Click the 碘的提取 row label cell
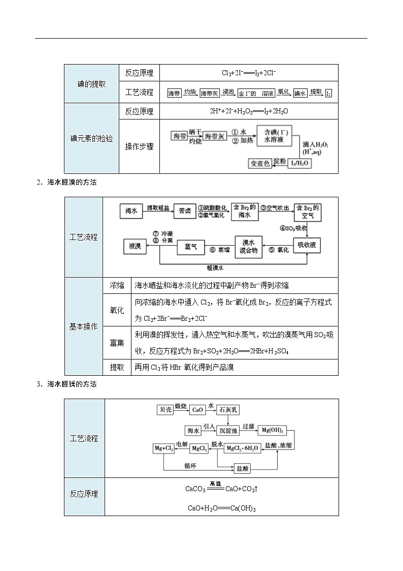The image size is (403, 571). [91, 84]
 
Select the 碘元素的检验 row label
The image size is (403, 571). [91, 138]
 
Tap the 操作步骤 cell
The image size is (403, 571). [139, 146]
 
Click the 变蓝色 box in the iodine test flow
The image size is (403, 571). [260, 163]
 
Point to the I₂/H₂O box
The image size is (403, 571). [299, 163]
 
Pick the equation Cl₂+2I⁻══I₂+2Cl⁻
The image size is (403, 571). [249, 73]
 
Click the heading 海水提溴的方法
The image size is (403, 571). [72, 182]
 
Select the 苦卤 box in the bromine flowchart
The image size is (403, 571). [185, 211]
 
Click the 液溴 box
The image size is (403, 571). [135, 246]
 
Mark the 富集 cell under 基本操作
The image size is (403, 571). [117, 343]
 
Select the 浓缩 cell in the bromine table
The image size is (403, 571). [117, 286]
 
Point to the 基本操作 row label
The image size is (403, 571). [83, 326]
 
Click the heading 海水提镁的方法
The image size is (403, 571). [72, 384]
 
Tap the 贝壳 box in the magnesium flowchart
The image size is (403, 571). [165, 409]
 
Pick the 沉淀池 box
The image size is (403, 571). [228, 431]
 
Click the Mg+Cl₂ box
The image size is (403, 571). [164, 448]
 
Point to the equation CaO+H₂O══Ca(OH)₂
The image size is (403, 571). [221, 508]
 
